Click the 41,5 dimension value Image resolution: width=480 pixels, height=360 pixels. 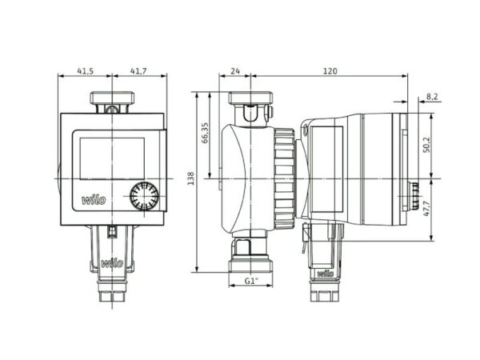coord(85,71)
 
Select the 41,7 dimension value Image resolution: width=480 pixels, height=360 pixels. coord(138,71)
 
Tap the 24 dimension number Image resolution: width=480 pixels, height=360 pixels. coord(235,71)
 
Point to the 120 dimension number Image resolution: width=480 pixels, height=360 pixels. coord(330,71)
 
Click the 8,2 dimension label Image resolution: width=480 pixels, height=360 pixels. coord(432,97)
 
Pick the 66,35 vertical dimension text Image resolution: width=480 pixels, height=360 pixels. coord(205,133)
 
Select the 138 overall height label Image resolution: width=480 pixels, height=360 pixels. coord(190,178)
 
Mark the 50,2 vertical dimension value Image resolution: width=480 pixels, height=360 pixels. coord(426,145)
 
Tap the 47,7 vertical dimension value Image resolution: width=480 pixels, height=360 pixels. coord(426,209)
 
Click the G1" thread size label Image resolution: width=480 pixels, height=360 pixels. coord(251,281)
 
